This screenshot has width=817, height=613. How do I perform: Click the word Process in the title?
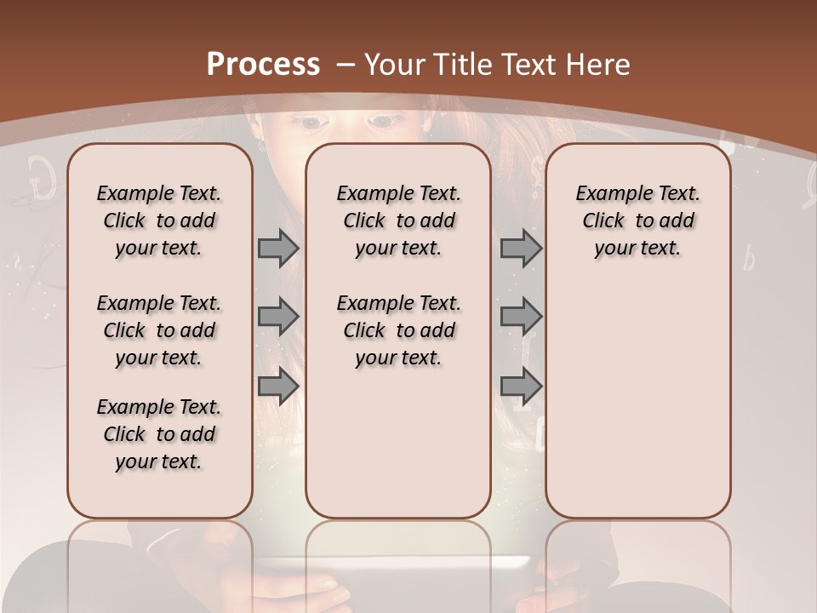tap(263, 64)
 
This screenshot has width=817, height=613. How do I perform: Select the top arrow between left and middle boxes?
tap(278, 248)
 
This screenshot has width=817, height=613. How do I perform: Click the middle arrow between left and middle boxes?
tap(278, 317)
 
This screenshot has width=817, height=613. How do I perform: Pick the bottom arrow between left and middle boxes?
tap(278, 386)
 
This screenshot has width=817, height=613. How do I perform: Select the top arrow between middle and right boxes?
tap(521, 248)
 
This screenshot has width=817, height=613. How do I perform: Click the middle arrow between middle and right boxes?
tap(521, 317)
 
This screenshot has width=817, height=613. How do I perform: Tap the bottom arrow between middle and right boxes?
tap(521, 386)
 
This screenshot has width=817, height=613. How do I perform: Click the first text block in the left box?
tap(159, 221)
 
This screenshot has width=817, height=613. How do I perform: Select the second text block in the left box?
tap(159, 330)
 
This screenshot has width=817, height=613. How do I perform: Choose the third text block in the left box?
tap(159, 434)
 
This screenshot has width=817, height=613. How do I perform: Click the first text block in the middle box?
tap(398, 221)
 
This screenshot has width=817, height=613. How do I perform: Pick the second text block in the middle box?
tap(398, 330)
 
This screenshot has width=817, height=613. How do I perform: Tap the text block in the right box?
tap(637, 221)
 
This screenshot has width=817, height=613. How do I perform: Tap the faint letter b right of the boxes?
tap(749, 258)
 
